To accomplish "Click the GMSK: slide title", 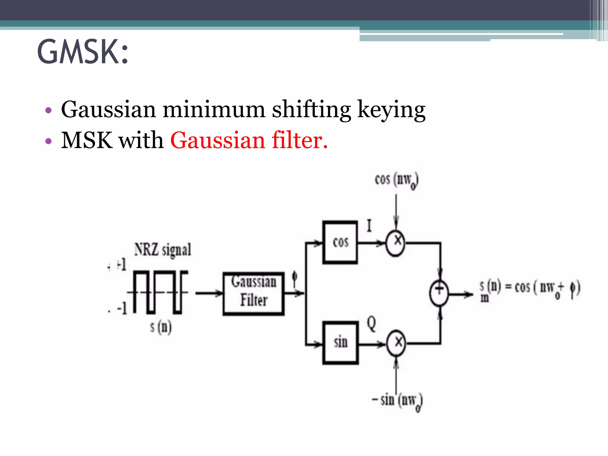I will click(x=83, y=52).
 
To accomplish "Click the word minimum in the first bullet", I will click(x=214, y=110).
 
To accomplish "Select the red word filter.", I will click(x=300, y=140).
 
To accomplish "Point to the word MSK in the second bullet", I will click(x=87, y=140).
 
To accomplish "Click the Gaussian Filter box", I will click(x=254, y=293).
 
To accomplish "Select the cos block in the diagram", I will click(x=340, y=242).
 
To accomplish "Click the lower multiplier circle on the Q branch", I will click(x=396, y=343).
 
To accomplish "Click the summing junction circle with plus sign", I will click(x=439, y=293).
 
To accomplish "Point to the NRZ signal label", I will click(x=162, y=249).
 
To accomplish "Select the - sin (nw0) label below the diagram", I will click(x=397, y=401).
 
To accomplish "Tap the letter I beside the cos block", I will click(x=369, y=226).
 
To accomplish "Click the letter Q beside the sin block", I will click(x=371, y=324).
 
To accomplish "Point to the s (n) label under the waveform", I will click(x=161, y=327).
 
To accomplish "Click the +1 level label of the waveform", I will click(x=121, y=265).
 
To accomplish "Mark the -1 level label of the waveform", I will click(x=122, y=308).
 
